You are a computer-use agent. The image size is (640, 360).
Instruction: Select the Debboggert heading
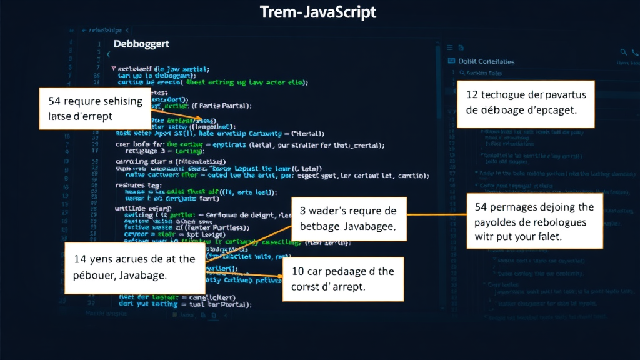[x=141, y=44]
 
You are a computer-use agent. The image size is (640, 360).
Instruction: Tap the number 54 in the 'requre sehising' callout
[x=54, y=101]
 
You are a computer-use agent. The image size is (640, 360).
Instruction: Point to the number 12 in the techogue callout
[x=473, y=94]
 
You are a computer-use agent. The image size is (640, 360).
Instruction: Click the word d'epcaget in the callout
[x=550, y=109]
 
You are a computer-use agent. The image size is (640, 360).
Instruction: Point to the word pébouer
[x=92, y=274]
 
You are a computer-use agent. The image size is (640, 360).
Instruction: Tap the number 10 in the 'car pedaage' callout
[x=298, y=271]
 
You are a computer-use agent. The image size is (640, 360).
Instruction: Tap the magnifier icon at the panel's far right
[x=623, y=52]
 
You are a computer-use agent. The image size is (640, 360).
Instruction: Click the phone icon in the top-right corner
[x=635, y=52]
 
